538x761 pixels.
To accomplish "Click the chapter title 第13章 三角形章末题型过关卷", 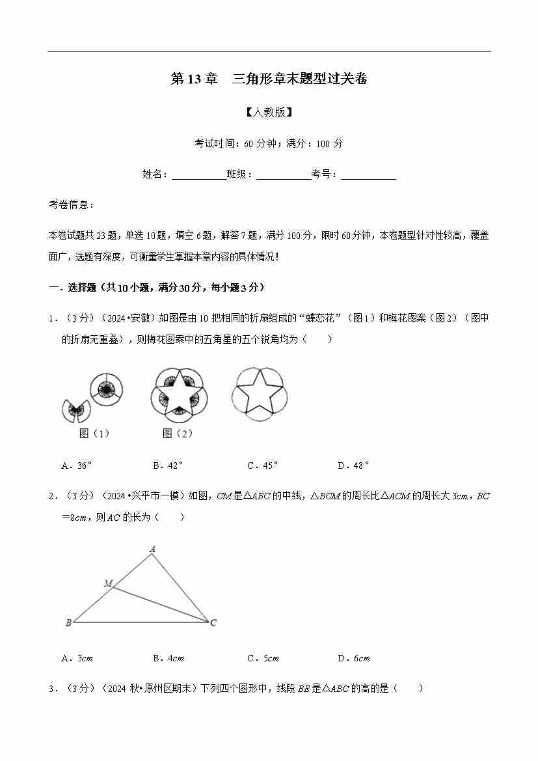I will pos(269,79).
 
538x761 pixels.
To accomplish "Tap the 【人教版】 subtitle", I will pos(269,112).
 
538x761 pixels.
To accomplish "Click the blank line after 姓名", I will pos(198,174).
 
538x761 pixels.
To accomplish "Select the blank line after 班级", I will pos(283,174).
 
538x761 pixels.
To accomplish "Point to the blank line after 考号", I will pos(368,174).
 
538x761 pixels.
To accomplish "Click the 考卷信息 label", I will pos(72,204).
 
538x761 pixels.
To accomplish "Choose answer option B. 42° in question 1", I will pos(168,465).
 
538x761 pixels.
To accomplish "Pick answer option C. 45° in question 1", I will pos(262,465).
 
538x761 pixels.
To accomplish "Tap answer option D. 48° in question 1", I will pos(353,465).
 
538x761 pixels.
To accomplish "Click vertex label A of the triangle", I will pos(152,549).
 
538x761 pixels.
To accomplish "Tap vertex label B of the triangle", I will pos(68,623).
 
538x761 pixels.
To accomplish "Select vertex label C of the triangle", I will pos(213,623).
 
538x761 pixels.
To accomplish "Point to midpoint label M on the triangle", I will pos(108,583).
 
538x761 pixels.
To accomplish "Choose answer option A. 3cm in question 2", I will pos(77,658).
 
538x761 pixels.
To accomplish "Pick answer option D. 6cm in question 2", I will pos(353,658).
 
